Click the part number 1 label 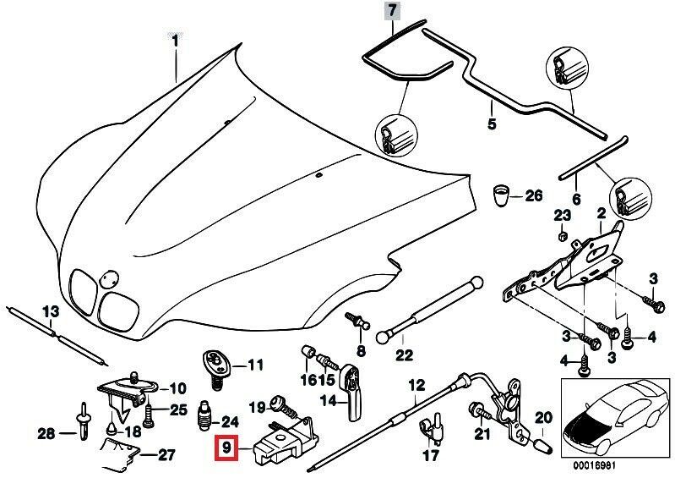(x=175, y=40)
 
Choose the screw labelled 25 (x=150, y=414)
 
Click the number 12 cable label (x=415, y=387)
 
